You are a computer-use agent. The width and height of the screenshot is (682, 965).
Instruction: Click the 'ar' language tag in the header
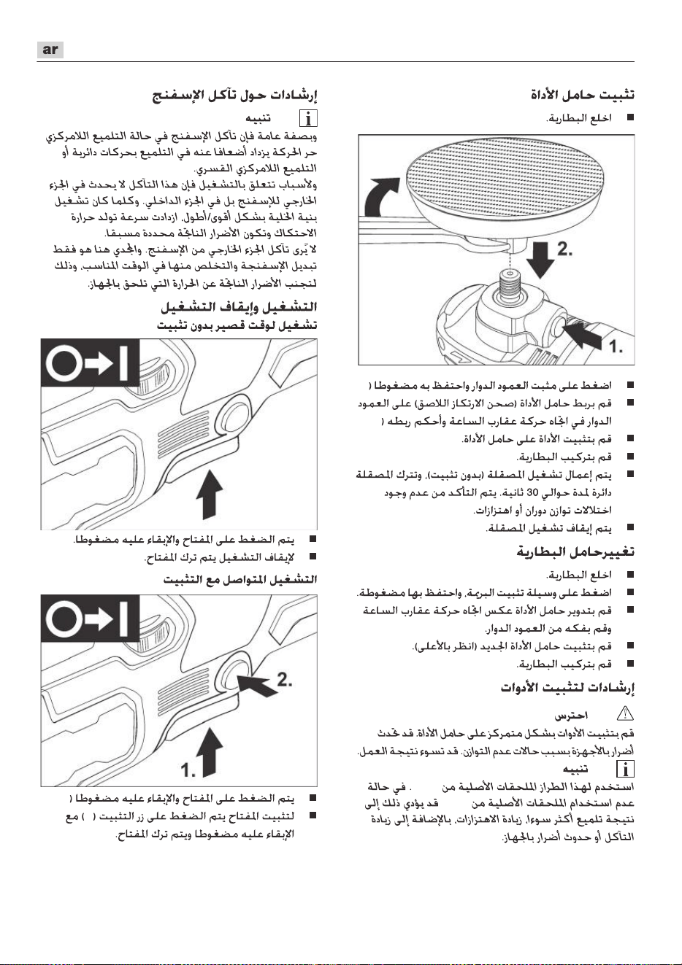pos(50,50)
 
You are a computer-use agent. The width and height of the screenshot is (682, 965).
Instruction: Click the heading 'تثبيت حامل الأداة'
pos(583,94)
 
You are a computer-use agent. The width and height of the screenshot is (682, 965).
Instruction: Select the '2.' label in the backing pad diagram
pos(565,249)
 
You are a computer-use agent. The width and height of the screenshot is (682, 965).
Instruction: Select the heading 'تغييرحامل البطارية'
pos(575,551)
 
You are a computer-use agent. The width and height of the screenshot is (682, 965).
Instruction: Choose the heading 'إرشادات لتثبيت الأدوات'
pos(567,688)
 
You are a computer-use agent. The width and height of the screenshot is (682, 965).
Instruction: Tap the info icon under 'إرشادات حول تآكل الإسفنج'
pos(308,118)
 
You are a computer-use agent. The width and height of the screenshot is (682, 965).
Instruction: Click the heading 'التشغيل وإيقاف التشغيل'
pos(239,307)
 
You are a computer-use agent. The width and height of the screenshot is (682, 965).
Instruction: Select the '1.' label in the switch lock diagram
pos(188,770)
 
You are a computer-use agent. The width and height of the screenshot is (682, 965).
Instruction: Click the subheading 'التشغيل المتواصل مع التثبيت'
pos(240,579)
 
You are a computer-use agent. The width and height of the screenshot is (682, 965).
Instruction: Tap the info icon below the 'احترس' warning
pos(625,769)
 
